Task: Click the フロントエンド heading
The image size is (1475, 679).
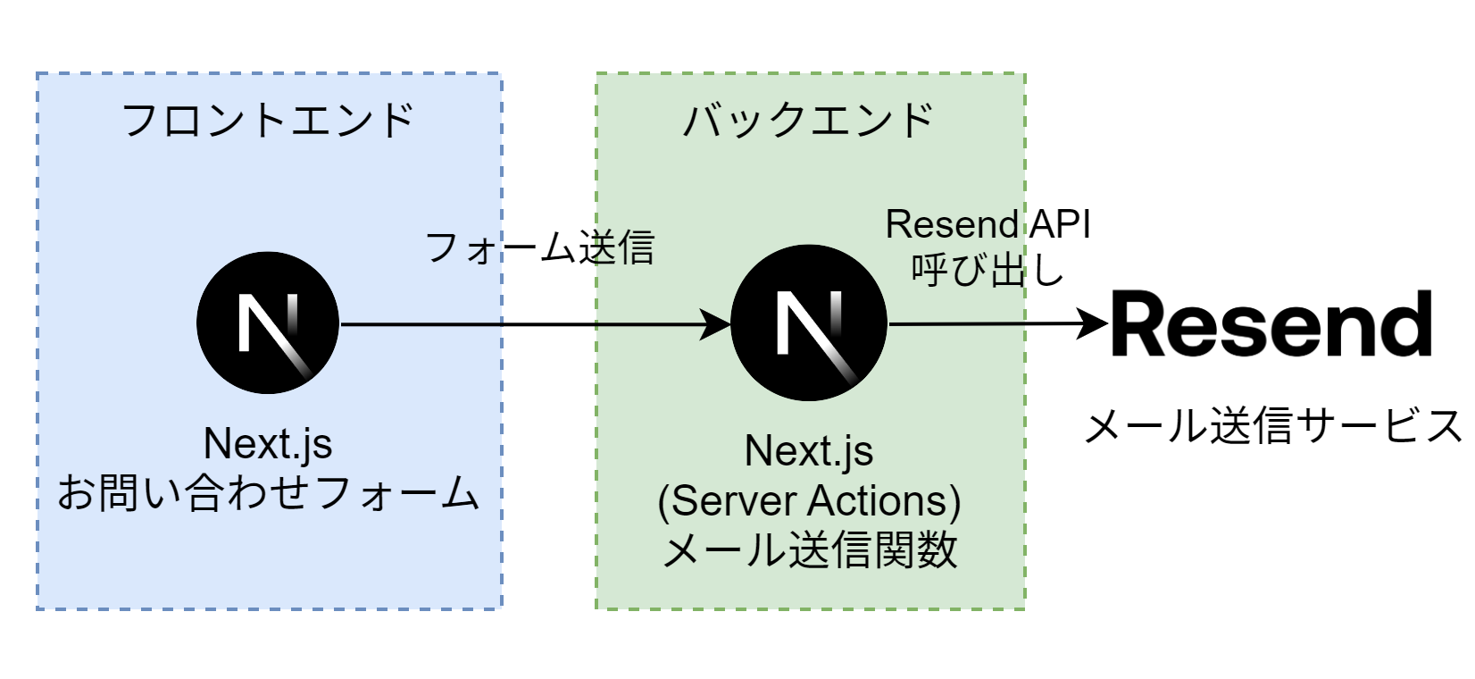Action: coord(267,121)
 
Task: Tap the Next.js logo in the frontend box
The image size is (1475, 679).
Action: coord(268,323)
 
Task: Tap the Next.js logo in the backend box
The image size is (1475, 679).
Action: coord(809,323)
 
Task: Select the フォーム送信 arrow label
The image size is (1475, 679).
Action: coord(539,247)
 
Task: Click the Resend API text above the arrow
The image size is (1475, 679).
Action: coord(987,225)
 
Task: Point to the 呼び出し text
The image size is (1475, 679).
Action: coord(987,268)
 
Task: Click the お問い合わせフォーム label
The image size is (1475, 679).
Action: coord(268,493)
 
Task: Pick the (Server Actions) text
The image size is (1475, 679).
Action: coord(809,500)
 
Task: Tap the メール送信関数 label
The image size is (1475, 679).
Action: coord(809,549)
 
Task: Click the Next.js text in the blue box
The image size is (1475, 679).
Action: coord(268,444)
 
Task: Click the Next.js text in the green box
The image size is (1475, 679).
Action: coord(809,451)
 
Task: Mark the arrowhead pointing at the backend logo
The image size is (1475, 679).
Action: coord(720,324)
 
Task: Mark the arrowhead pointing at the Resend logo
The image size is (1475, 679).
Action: coord(1095,323)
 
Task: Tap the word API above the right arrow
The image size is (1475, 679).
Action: coord(1058,225)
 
